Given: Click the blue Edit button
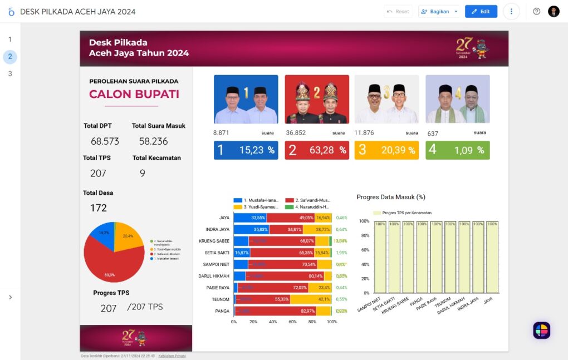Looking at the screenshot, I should [x=481, y=11].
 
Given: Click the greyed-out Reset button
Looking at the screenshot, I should [x=398, y=11].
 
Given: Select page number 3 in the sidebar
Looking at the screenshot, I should [x=10, y=73].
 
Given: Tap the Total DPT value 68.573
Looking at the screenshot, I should [x=105, y=141].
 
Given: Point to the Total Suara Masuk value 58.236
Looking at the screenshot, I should [x=153, y=141].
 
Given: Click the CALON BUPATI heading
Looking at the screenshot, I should [x=134, y=94].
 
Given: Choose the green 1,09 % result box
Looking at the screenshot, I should [x=457, y=150].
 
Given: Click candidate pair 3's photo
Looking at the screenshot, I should [x=386, y=99].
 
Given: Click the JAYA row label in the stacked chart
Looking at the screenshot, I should [x=224, y=218].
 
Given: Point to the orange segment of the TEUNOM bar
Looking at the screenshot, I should [x=310, y=299].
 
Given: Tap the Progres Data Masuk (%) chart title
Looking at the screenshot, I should [x=391, y=197].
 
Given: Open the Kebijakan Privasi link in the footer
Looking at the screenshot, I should [x=172, y=356].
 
